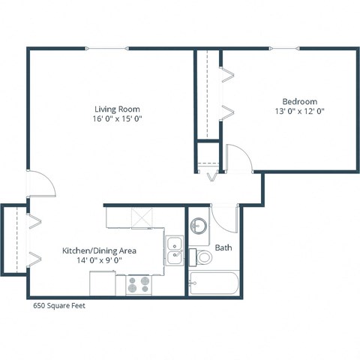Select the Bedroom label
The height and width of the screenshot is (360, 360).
tap(299, 101)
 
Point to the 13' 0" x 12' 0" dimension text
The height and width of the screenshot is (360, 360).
tap(299, 111)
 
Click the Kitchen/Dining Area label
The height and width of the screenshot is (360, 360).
tap(93, 250)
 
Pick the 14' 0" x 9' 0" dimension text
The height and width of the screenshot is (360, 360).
tap(93, 259)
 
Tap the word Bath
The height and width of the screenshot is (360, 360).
tap(223, 247)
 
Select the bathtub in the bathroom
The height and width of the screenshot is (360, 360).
tap(214, 283)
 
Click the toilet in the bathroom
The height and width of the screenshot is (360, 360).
tap(203, 257)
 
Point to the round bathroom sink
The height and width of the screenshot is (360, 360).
tap(199, 226)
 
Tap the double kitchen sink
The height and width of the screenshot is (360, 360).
tap(175, 250)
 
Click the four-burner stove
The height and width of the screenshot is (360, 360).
tap(138, 283)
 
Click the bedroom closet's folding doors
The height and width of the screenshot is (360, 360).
tap(226, 94)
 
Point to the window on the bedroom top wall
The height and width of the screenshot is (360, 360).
tap(284, 49)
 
